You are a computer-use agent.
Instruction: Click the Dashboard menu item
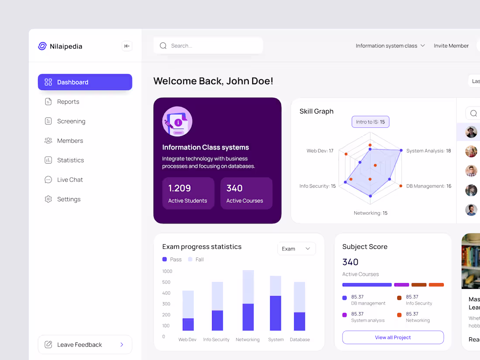point(85,82)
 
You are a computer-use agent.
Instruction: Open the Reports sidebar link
point(68,102)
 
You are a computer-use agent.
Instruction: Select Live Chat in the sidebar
point(70,180)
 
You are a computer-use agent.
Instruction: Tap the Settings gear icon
point(48,199)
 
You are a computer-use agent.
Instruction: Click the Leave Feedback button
point(85,345)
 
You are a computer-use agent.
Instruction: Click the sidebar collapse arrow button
point(127,46)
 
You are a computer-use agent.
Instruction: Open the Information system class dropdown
point(390,46)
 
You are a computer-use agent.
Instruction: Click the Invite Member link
point(451,46)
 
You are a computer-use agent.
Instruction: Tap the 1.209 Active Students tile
point(188,193)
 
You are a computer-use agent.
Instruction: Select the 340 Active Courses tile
point(246,193)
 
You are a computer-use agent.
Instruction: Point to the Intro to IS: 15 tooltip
point(370,122)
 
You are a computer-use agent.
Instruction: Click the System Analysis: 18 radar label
point(428,151)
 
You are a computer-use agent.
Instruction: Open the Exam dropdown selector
point(296,249)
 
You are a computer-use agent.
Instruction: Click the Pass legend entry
point(172,259)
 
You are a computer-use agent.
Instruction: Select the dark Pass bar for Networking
point(248,317)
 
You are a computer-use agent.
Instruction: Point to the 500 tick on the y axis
point(167,282)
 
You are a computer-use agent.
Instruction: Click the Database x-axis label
point(300,339)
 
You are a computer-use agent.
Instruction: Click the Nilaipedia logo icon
point(42,46)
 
